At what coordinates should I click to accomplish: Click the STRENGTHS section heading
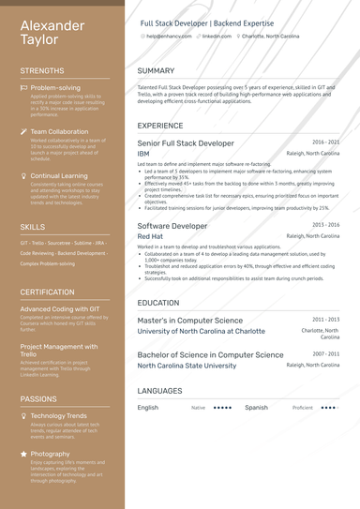pyautogui.click(x=42, y=70)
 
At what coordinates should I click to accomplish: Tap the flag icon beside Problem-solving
pyautogui.click(x=23, y=87)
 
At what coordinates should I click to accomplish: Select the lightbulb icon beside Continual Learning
pyautogui.click(x=23, y=175)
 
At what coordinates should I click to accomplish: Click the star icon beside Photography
pyautogui.click(x=23, y=454)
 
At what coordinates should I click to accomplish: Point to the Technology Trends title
pyautogui.click(x=58, y=415)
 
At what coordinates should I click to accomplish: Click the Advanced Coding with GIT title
pyautogui.click(x=59, y=308)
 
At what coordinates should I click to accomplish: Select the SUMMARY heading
pyautogui.click(x=156, y=70)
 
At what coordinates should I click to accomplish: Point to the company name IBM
pyautogui.click(x=143, y=153)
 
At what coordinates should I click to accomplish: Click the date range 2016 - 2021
pyautogui.click(x=325, y=142)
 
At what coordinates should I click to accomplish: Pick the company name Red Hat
pyautogui.click(x=150, y=237)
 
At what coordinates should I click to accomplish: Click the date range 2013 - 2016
pyautogui.click(x=325, y=226)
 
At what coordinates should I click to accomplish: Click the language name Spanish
pyautogui.click(x=256, y=408)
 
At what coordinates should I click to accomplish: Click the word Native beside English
pyautogui.click(x=198, y=408)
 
